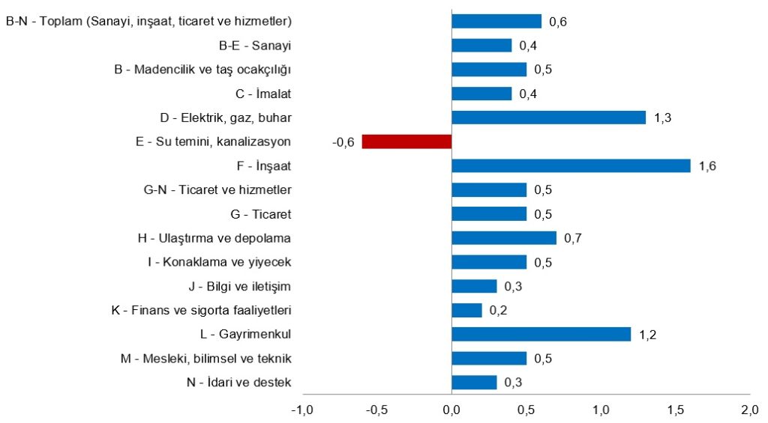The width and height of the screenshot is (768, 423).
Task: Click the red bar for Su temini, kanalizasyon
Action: tap(406, 141)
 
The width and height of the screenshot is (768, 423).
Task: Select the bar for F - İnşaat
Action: tap(571, 165)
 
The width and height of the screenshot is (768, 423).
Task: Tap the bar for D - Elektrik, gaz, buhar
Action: tap(548, 118)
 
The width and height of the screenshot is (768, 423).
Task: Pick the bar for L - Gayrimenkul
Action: tap(541, 334)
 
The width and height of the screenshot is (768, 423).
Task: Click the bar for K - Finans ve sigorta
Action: tap(466, 310)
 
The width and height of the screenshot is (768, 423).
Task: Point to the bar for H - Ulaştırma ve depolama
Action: tap(504, 238)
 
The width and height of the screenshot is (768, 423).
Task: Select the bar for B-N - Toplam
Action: tap(496, 22)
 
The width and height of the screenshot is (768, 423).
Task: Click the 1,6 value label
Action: tap(707, 166)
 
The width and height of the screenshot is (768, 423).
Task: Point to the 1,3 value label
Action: tap(662, 118)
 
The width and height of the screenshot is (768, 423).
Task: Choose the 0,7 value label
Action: tap(573, 239)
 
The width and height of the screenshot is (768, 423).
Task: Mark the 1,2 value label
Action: tap(647, 335)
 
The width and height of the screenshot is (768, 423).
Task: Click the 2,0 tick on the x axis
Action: tap(750, 410)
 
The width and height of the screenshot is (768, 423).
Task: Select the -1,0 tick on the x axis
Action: tap(301, 410)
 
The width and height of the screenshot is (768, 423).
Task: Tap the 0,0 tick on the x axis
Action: tap(451, 410)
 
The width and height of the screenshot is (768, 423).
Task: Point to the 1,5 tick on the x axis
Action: tap(675, 410)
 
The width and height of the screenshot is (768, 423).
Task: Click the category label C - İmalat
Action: tap(263, 94)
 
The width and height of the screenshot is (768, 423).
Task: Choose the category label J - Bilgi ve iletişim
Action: tap(240, 286)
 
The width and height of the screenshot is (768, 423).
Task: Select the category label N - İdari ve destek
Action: tap(241, 383)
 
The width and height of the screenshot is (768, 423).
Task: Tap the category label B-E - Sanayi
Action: tap(255, 46)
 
